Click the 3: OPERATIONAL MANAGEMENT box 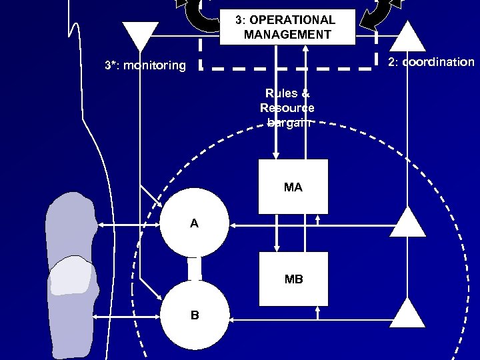(287, 27)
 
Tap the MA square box (293, 187)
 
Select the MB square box (293, 279)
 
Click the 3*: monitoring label (145, 65)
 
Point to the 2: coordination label (431, 62)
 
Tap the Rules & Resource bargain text (287, 107)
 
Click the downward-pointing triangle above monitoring (141, 35)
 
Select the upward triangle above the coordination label (407, 37)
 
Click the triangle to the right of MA (407, 223)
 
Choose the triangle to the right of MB (407, 313)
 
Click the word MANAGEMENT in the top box (287, 34)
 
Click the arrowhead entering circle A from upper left (159, 203)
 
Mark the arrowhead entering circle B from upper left (159, 296)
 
